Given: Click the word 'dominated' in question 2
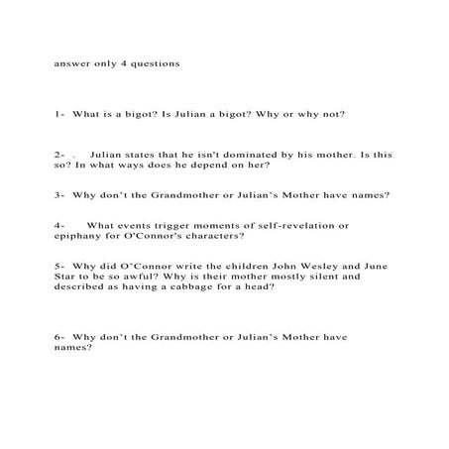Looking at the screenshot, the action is [x=240, y=155].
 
